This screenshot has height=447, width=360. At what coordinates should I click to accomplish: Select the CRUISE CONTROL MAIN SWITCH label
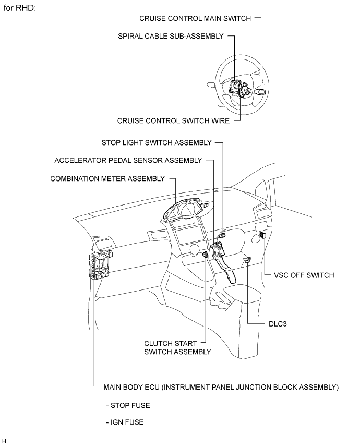pos(195,18)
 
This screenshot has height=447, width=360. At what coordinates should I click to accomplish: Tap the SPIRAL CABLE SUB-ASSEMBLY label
pos(171,36)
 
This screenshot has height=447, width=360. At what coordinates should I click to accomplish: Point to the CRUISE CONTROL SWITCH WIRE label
pos(173,120)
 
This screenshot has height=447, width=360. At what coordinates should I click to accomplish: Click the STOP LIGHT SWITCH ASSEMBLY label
pos(157,142)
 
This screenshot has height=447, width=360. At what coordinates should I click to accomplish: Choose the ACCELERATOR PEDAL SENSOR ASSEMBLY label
pos(128,160)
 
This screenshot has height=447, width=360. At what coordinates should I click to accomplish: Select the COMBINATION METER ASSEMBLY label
pos(107,178)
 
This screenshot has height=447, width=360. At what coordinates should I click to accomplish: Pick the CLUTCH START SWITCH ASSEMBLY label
pos(177,347)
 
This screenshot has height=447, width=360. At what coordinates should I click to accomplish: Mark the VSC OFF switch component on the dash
pos(262,236)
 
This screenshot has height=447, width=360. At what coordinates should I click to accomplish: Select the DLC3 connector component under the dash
pos(247,259)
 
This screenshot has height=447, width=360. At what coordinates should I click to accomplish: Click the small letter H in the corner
pos(4,441)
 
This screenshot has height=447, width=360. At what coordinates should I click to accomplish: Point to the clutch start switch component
pos(206,255)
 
